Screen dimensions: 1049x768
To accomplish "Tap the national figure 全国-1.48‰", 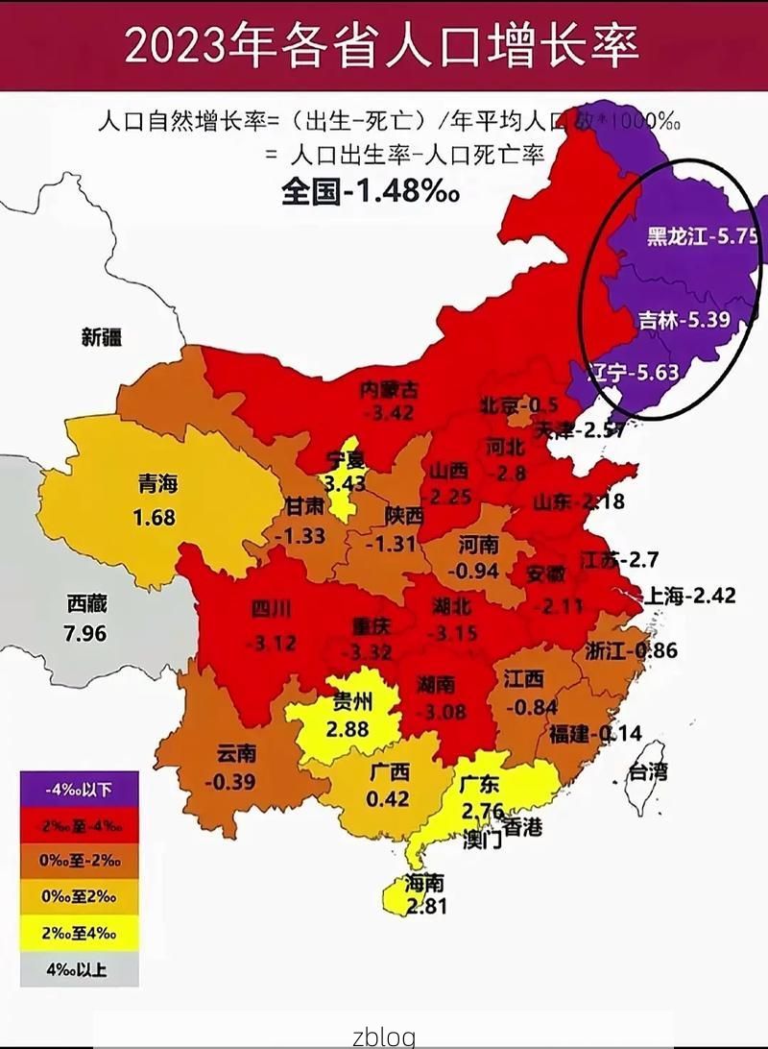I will point(370,190).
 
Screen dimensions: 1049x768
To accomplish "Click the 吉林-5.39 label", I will point(684,321).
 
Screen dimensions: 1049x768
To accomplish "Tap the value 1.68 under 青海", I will point(154,518).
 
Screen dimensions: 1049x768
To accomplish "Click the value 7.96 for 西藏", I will point(85,634).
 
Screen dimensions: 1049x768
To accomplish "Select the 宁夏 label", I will point(346,461).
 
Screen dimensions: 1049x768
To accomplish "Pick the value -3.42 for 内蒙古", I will point(389,413).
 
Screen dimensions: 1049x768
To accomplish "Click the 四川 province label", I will point(271,609).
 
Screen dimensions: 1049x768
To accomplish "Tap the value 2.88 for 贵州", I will point(348,729).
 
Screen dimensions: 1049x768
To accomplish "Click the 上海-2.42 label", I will point(692,596).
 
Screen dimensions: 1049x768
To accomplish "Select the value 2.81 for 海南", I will point(426,905).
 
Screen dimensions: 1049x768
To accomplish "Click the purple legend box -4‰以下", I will point(79,790).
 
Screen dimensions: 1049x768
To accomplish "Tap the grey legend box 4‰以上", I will point(79,969).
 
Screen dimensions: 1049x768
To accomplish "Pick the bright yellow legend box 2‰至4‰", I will point(79,933).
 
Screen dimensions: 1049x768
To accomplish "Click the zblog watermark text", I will point(383,1036).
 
